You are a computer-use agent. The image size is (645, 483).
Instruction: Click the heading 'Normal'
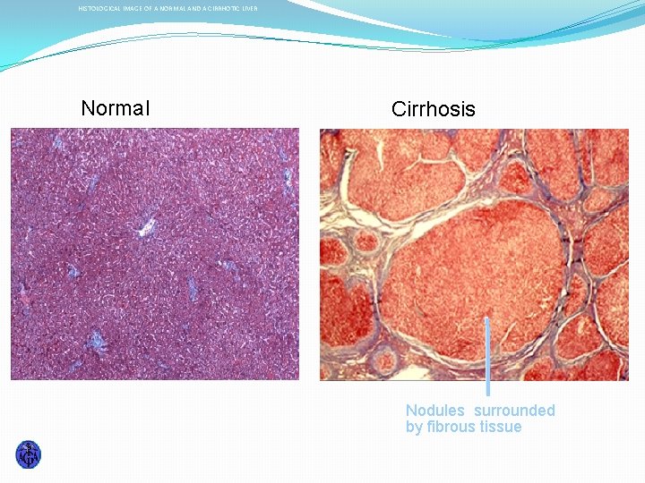pyautogui.click(x=116, y=108)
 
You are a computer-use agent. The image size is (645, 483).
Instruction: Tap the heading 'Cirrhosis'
pyautogui.click(x=433, y=109)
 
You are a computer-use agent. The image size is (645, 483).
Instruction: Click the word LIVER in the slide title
pyautogui.click(x=249, y=9)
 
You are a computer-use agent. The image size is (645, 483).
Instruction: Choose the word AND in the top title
pyautogui.click(x=191, y=9)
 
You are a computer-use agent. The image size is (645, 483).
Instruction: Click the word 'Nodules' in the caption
pyautogui.click(x=435, y=411)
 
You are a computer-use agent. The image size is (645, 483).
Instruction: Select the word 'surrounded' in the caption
pyautogui.click(x=514, y=411)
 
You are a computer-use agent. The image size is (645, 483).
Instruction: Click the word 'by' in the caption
pyautogui.click(x=414, y=427)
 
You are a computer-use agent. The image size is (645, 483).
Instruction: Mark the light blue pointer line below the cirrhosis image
pyautogui.click(x=487, y=358)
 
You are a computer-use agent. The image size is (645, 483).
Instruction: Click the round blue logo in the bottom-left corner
pyautogui.click(x=29, y=454)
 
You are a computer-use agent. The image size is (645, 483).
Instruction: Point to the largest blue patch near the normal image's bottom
pyautogui.click(x=96, y=342)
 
